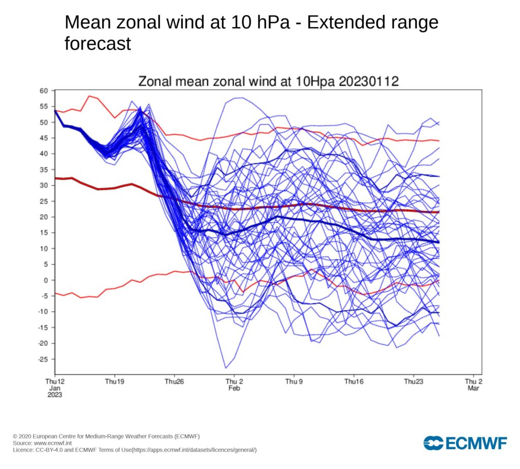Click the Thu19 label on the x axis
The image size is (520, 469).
pyautogui.click(x=114, y=381)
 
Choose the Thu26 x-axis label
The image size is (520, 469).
pyautogui.click(x=174, y=381)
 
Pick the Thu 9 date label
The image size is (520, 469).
pyautogui.click(x=294, y=381)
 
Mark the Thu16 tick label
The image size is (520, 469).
pyautogui.click(x=353, y=381)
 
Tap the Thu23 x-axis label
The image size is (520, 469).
pyautogui.click(x=413, y=381)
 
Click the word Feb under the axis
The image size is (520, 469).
pyautogui.click(x=234, y=388)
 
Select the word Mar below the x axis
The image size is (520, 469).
pyautogui.click(x=473, y=388)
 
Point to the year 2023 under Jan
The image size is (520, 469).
pyautogui.click(x=55, y=395)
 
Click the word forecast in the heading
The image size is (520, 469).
pyautogui.click(x=97, y=43)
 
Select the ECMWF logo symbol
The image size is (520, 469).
pyautogui.click(x=433, y=443)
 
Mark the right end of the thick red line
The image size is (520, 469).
pyautogui.click(x=439, y=212)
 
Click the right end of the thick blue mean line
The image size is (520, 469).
pyautogui.click(x=439, y=242)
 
